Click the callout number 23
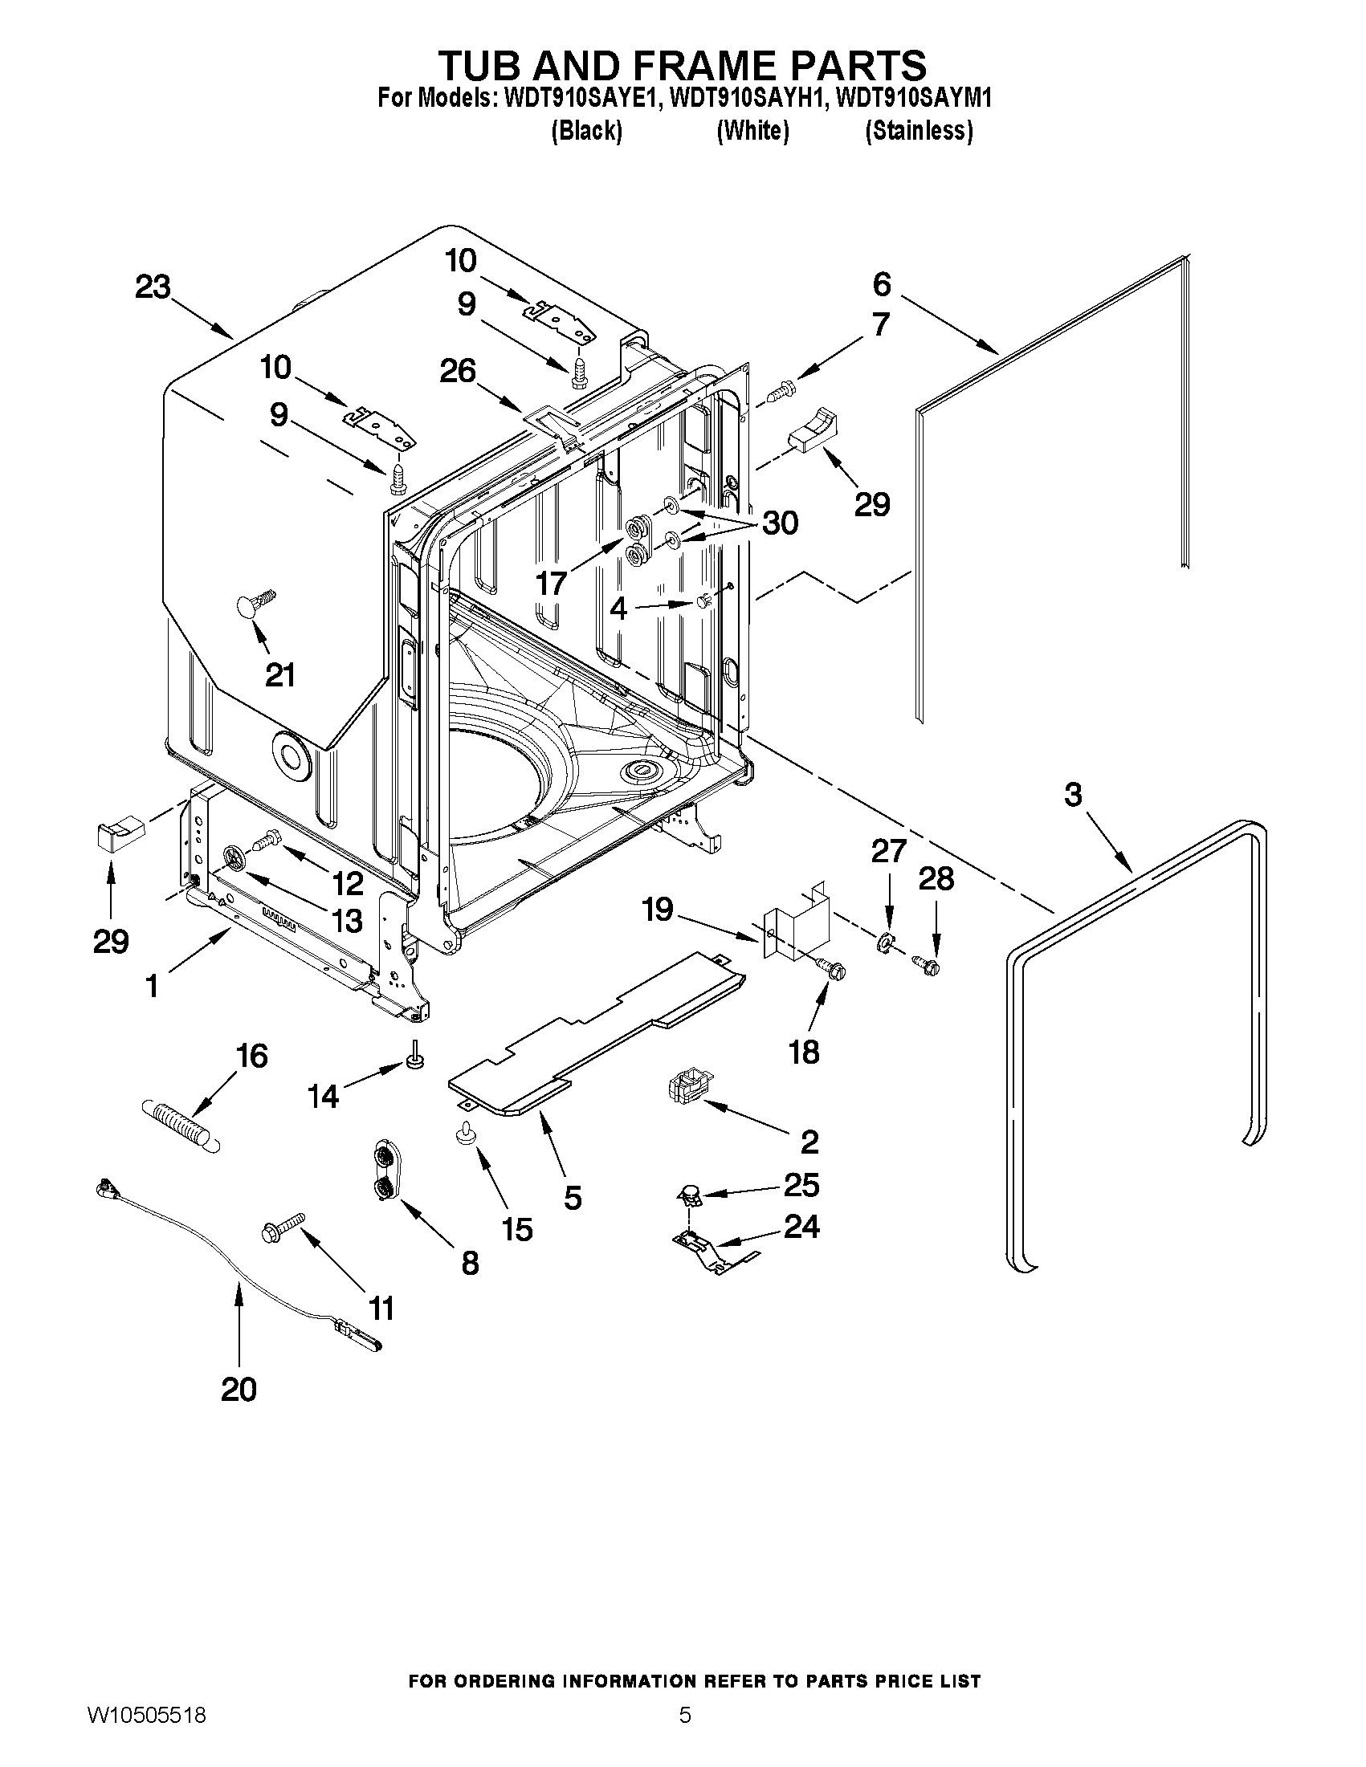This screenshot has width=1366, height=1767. pyautogui.click(x=153, y=287)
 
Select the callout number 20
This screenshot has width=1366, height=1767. pyautogui.click(x=239, y=1389)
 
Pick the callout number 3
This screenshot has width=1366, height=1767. pyautogui.click(x=1072, y=795)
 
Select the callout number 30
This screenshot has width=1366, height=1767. pyautogui.click(x=780, y=523)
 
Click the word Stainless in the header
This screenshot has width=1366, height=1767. pyautogui.click(x=919, y=130)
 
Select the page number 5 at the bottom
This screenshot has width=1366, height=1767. pyautogui.click(x=685, y=1736)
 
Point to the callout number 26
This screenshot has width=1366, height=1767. pyautogui.click(x=457, y=371)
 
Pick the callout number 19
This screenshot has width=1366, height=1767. pyautogui.click(x=657, y=909)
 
